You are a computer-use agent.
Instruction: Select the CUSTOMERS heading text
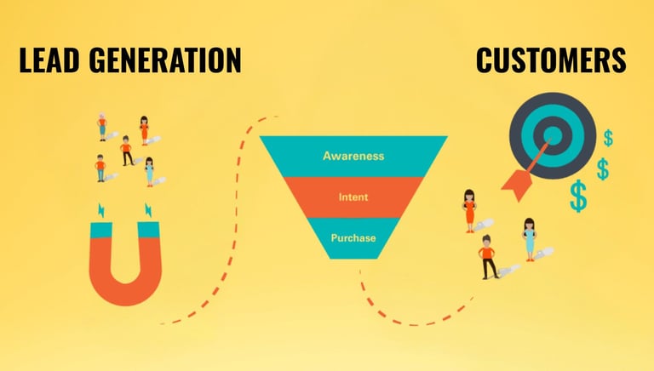(x=551, y=60)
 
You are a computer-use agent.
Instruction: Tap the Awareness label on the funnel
(x=353, y=156)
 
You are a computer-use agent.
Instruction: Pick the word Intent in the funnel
(x=353, y=197)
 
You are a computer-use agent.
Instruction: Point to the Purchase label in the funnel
(x=353, y=237)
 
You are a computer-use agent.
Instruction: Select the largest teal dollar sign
(x=579, y=197)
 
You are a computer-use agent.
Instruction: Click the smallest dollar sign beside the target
(x=608, y=138)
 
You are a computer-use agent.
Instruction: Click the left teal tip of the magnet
(x=100, y=228)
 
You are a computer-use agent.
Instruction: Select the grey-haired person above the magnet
(x=102, y=126)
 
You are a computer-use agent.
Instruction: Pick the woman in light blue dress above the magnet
(x=149, y=170)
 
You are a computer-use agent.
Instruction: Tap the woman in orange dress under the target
(x=469, y=209)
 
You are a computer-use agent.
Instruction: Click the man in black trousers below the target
(x=488, y=256)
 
